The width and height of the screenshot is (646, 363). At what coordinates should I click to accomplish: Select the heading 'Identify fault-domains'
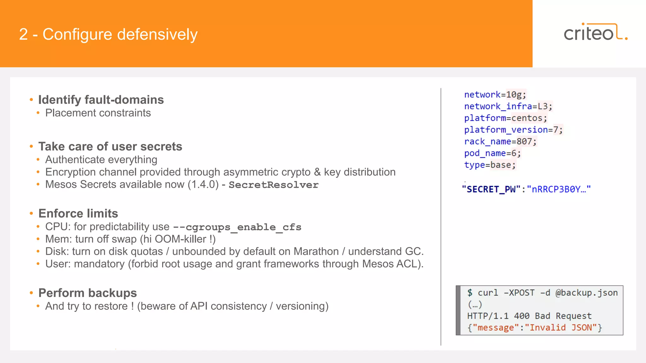click(x=101, y=100)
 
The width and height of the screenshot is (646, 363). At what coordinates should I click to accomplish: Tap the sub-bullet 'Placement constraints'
click(x=98, y=113)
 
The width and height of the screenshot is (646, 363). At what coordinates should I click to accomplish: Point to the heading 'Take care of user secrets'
click(x=110, y=147)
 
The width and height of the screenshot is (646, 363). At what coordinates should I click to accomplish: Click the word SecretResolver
click(x=273, y=185)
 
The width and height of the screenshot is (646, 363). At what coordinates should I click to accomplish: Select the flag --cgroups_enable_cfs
click(x=237, y=227)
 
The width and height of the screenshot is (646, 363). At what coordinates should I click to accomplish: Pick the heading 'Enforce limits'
click(x=78, y=214)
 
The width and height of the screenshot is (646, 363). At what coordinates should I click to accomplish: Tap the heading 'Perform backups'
click(x=87, y=293)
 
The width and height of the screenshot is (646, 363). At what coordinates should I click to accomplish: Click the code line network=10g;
click(x=495, y=95)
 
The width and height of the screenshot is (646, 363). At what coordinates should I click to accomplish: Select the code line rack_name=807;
click(x=500, y=141)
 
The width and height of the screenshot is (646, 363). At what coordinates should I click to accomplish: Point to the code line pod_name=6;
click(x=492, y=153)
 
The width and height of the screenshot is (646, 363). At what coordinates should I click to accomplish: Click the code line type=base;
click(x=490, y=165)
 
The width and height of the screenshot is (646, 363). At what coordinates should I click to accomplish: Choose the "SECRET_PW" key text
click(x=491, y=189)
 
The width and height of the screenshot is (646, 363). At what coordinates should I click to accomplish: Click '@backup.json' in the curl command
click(x=586, y=293)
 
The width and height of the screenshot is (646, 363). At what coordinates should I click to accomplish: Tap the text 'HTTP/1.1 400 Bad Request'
click(x=529, y=316)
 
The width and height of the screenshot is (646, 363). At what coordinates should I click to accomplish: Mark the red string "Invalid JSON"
click(x=561, y=328)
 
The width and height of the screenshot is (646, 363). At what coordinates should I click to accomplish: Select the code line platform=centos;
click(x=505, y=118)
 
